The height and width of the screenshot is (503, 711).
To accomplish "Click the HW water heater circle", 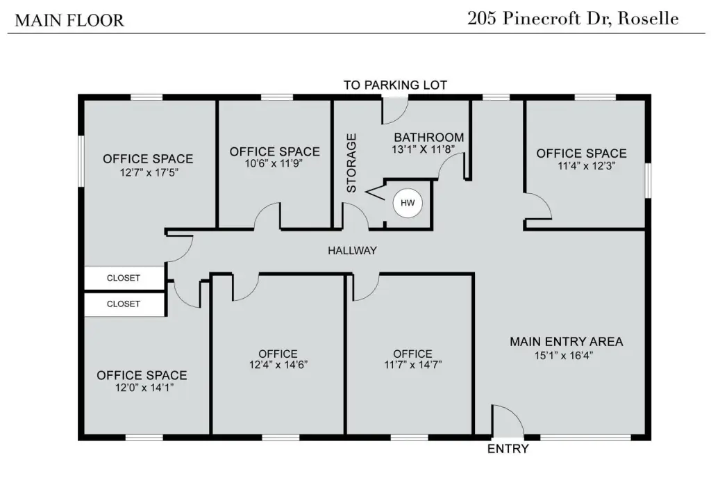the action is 408,203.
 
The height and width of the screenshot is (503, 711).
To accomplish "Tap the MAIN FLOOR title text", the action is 69,20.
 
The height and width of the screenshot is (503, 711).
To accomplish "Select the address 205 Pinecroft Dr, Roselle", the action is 573,19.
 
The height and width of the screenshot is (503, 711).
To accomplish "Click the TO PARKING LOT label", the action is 395,85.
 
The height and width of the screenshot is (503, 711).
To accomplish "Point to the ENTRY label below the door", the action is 508,449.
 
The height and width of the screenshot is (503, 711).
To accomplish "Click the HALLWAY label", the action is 352,250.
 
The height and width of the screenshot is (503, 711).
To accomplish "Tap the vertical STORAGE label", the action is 351,163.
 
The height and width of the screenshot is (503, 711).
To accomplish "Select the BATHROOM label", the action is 429,137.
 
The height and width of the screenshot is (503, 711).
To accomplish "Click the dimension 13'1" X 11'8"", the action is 423,149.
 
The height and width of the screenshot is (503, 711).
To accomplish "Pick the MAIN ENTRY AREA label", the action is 567,342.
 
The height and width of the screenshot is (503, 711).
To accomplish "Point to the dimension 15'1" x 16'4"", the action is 564,355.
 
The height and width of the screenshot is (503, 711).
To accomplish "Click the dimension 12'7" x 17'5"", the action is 149,172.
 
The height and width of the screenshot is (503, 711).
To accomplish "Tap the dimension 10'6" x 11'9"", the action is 274,163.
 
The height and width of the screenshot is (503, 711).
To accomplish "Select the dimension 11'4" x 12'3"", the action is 586,165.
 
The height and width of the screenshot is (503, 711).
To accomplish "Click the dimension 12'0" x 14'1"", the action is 144,388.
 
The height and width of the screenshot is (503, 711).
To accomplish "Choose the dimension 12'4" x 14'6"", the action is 278,364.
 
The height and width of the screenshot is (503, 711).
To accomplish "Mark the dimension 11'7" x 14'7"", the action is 413,364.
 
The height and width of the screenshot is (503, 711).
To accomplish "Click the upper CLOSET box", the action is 124,278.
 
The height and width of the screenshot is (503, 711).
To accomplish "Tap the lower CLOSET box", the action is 124,304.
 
